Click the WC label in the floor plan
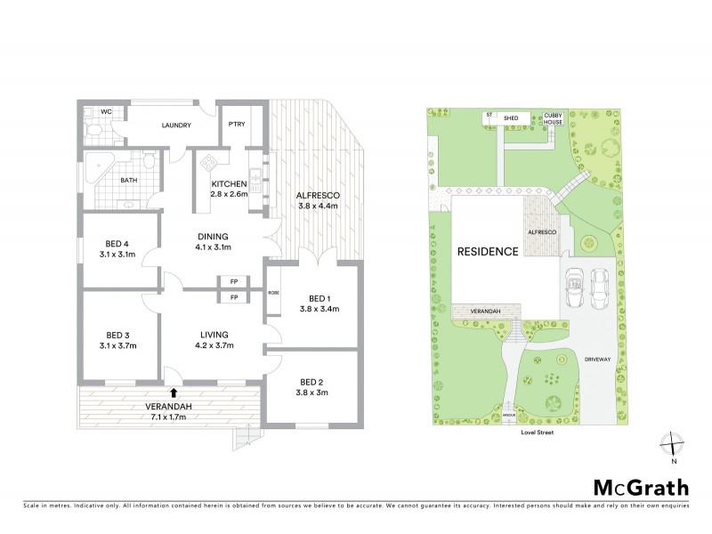(x=105, y=112)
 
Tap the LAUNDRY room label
(x=176, y=125)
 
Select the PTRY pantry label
(x=237, y=125)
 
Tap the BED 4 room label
(x=116, y=244)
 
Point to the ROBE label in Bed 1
(x=272, y=292)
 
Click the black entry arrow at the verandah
(x=174, y=391)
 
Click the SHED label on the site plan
(x=511, y=117)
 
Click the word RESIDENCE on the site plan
(x=488, y=252)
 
